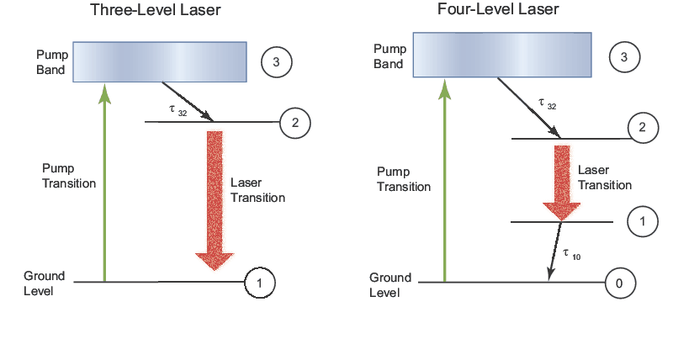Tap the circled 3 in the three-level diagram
(x=277, y=61)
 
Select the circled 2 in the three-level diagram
(x=294, y=123)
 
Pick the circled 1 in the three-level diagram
(x=260, y=283)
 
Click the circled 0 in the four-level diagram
(x=619, y=283)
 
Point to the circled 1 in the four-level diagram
(x=643, y=222)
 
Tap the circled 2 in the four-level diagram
(x=643, y=128)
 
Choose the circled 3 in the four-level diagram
(x=623, y=57)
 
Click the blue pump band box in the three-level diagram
(x=160, y=61)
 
